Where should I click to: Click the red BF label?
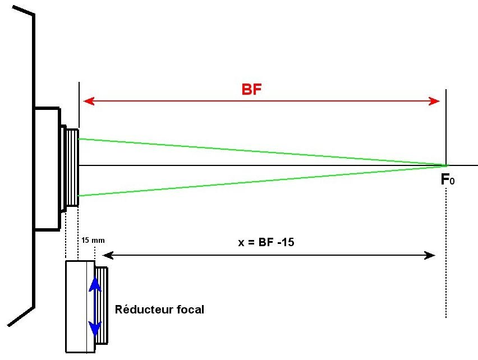(x=252, y=89)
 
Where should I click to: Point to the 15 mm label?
(x=93, y=240)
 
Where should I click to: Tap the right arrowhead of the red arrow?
(x=434, y=101)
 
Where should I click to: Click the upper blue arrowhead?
(x=95, y=283)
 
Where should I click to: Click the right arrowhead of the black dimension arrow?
(x=430, y=256)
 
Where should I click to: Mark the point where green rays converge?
(x=447, y=165)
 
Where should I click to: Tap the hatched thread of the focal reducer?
(x=102, y=306)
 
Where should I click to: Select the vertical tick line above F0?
(x=446, y=123)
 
